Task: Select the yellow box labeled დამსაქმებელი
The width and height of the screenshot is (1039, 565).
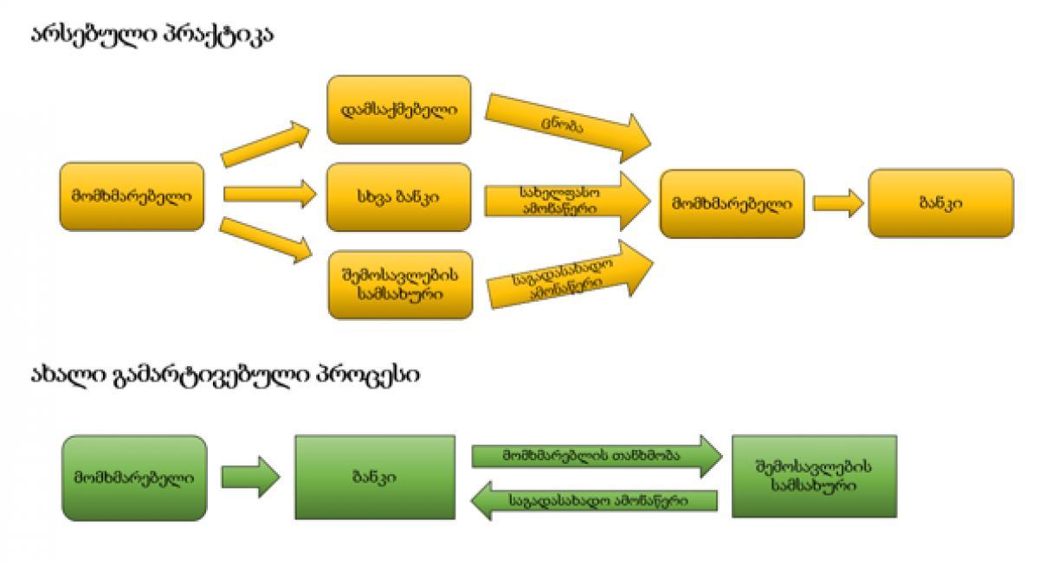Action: [x=398, y=110]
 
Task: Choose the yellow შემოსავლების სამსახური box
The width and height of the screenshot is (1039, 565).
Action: [x=398, y=283]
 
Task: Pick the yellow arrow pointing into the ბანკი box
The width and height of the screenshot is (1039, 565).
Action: [x=837, y=204]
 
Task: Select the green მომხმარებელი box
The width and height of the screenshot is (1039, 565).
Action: [x=133, y=477]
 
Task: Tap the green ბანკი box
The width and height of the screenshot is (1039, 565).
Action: [x=375, y=477]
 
